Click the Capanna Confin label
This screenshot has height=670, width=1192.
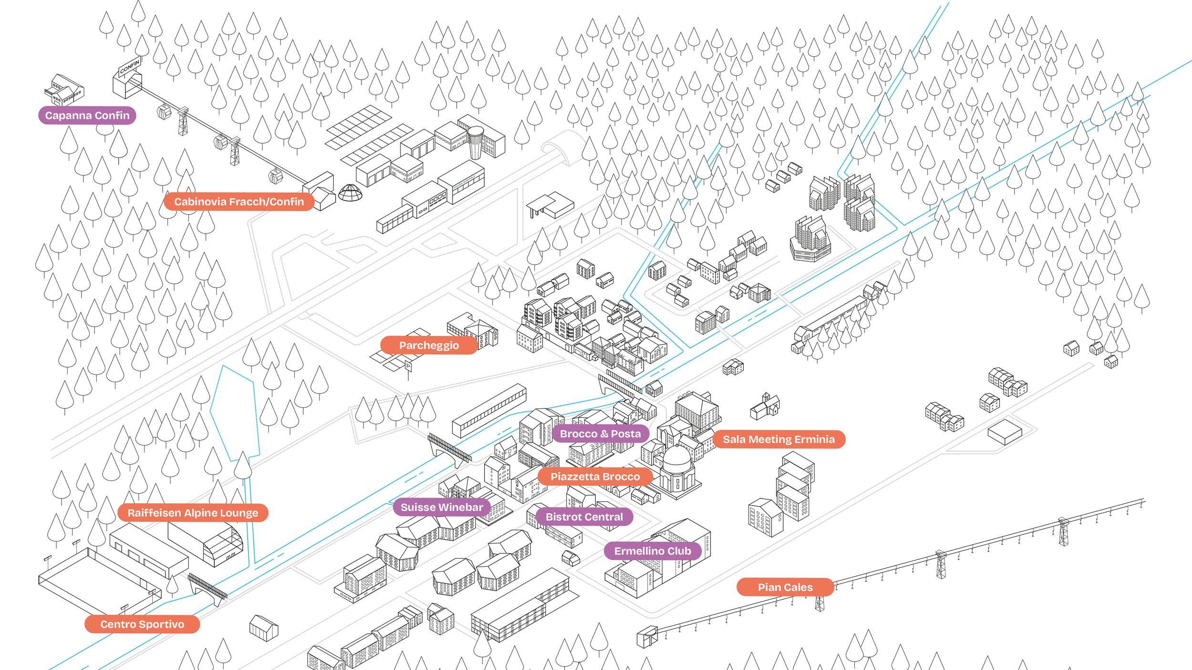[87, 115]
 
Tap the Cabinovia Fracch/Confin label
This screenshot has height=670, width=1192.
[239, 202]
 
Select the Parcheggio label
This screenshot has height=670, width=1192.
[429, 345]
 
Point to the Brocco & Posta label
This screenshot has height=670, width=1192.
[600, 434]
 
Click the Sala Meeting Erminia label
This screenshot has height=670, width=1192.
[779, 439]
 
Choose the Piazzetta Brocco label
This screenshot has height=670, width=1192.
[595, 477]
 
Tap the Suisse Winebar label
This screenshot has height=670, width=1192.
[442, 507]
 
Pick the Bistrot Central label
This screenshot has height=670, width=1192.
[584, 517]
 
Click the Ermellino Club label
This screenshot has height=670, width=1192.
[652, 551]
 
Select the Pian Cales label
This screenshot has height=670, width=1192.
[785, 587]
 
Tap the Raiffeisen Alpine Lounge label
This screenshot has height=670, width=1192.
[193, 513]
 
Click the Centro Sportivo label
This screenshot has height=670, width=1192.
[142, 624]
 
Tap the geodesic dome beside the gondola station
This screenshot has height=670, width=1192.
[350, 193]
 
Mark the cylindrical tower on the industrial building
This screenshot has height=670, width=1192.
[475, 142]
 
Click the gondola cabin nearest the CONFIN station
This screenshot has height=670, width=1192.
[164, 112]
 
